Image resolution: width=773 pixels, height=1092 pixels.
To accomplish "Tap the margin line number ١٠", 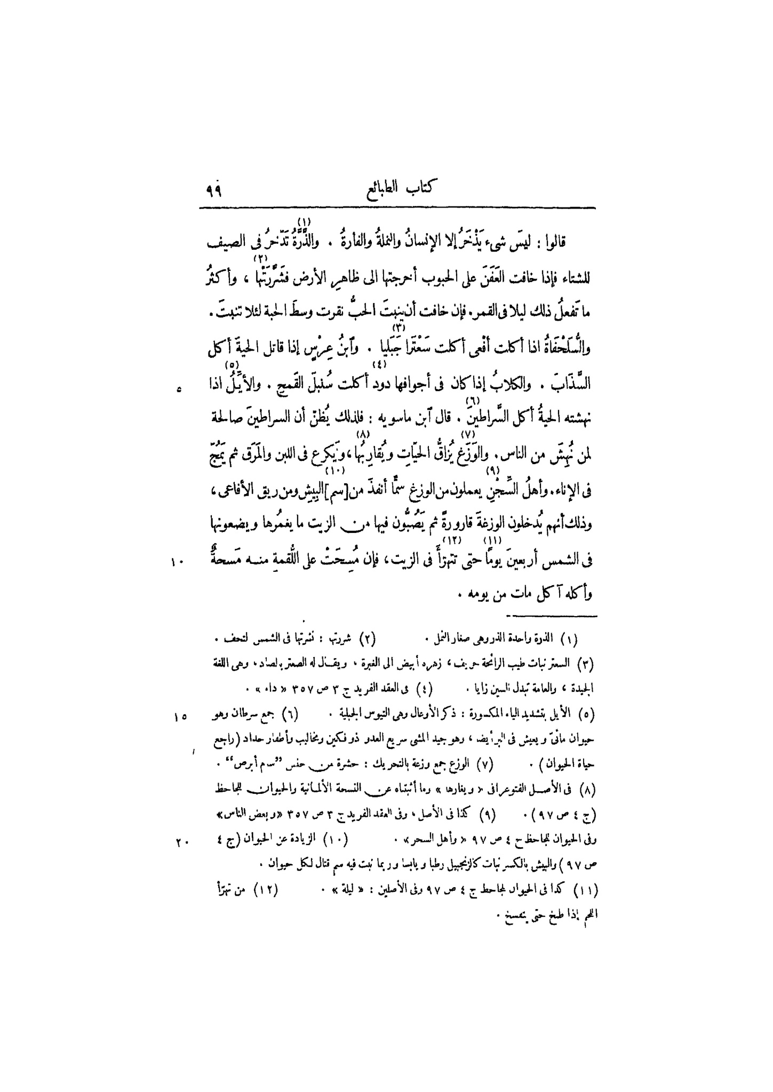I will click(x=177, y=562).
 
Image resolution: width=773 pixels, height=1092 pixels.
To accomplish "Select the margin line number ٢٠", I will click(x=179, y=842).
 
